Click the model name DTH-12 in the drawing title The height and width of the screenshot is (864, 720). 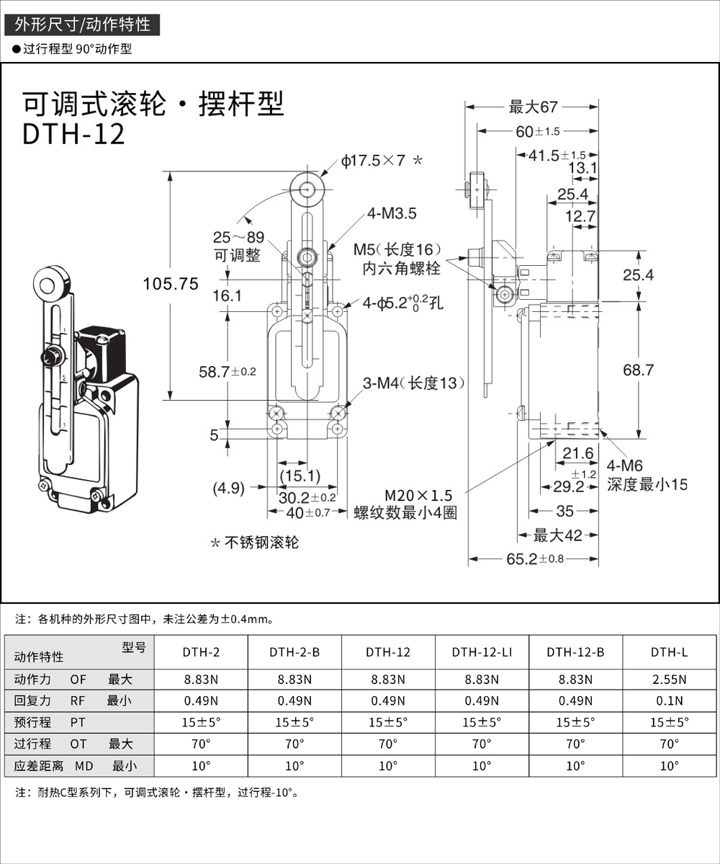click(x=74, y=134)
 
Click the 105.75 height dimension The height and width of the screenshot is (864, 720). click(x=171, y=284)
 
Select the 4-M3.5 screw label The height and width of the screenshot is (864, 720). click(x=391, y=213)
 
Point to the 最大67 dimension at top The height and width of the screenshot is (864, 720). click(x=534, y=107)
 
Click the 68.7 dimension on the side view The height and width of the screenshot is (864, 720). click(x=638, y=370)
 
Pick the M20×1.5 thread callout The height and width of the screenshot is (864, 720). click(x=418, y=496)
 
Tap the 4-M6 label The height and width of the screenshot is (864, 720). click(x=625, y=466)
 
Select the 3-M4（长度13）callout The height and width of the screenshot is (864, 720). click(x=413, y=383)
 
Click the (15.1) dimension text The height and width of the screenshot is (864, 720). click(x=300, y=475)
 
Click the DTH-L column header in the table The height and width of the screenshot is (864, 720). click(x=670, y=653)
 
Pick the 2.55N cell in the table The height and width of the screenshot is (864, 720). click(x=670, y=679)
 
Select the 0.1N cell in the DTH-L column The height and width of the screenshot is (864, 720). click(x=670, y=700)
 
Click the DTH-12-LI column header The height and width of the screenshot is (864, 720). click(x=482, y=653)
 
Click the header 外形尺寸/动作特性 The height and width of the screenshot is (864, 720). click(x=82, y=25)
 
